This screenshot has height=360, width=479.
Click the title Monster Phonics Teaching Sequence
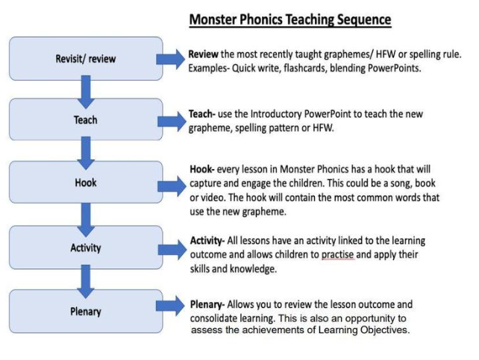coord(290,19)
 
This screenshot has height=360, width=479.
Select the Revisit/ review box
coord(86,59)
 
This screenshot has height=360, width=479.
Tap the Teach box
coord(86,119)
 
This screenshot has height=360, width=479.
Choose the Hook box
coord(86,182)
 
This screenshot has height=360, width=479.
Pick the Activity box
coord(86,247)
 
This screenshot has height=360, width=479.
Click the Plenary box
coord(86,312)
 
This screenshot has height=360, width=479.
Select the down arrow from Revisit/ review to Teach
coord(86,92)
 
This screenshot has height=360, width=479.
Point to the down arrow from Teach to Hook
coord(86,153)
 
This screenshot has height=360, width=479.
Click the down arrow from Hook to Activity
coord(86,220)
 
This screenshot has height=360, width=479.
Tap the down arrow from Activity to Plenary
coord(86,281)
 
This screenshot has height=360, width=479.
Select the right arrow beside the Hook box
coord(172,186)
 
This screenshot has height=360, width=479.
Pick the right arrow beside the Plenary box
coord(170,306)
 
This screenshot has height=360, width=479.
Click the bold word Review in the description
coord(203,54)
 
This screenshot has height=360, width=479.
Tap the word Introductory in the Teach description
coord(276,114)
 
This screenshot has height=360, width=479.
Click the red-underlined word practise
coord(337,255)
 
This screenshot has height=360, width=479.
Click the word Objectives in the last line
coord(385,329)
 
